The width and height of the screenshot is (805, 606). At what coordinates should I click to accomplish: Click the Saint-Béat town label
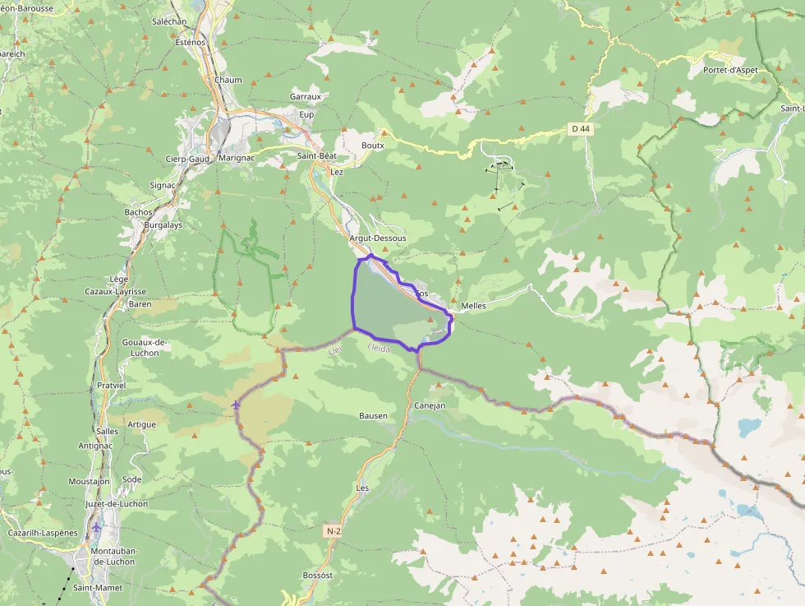[x=320, y=155]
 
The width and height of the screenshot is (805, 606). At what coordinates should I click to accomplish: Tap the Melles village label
[x=474, y=306]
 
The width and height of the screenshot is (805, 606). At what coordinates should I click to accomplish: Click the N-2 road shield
[x=333, y=531]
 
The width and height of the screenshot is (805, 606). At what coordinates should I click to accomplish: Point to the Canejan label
[x=430, y=405]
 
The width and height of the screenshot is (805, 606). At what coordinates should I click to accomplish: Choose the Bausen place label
[x=373, y=415]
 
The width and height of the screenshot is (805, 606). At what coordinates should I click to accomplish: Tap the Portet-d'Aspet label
[x=735, y=70]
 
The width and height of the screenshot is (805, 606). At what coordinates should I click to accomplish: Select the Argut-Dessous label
[x=378, y=238]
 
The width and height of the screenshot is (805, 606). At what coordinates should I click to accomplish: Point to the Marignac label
[x=238, y=158]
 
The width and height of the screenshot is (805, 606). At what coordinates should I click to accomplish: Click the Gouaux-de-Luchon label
[x=145, y=347]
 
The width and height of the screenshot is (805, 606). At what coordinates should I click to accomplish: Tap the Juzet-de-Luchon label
[x=117, y=503]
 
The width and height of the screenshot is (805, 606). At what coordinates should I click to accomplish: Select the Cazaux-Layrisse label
[x=115, y=291]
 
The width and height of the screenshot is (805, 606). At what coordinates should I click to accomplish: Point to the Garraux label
[x=305, y=96]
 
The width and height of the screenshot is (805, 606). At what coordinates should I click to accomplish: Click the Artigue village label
[x=141, y=424]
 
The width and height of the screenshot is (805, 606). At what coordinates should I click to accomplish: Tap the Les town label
[x=362, y=488]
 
